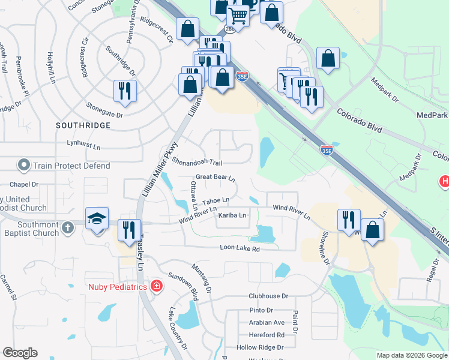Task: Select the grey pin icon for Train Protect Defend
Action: click(x=24, y=164)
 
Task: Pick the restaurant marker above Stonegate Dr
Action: click(x=125, y=91)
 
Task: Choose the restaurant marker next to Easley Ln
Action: click(x=129, y=230)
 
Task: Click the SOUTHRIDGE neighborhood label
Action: click(x=83, y=125)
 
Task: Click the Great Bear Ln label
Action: click(x=215, y=177)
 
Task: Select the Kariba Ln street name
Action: click(x=232, y=215)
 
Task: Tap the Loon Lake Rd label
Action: click(x=240, y=248)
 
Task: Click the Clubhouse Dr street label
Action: click(x=268, y=296)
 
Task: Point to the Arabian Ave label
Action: click(x=267, y=322)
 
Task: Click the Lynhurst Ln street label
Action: click(x=83, y=146)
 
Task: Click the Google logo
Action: click(x=20, y=353)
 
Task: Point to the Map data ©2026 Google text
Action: click(x=412, y=355)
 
